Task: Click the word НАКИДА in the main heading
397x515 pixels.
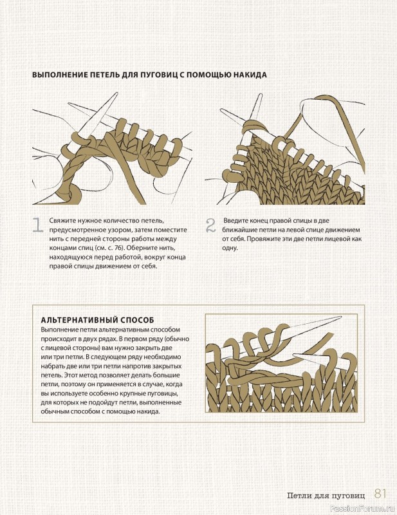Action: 250,75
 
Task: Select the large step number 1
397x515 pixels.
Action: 38,225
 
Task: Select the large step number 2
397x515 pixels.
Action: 210,226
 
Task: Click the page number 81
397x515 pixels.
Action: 380,494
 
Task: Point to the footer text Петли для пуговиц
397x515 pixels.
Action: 326,495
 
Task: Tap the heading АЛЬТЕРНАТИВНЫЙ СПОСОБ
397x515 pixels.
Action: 98,320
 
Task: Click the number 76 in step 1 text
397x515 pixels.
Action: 120,248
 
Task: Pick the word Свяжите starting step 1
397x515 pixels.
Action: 60,221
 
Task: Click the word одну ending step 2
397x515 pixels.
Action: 229,248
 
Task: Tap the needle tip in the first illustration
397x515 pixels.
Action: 117,94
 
